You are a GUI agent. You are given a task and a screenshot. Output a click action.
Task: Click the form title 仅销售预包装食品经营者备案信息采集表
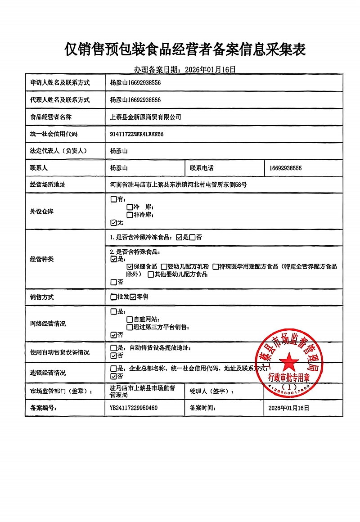185,49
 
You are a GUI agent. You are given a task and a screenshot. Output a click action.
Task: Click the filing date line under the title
185,69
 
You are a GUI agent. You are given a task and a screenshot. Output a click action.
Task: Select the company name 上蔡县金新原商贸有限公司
146,117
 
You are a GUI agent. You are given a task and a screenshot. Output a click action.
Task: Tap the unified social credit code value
137,134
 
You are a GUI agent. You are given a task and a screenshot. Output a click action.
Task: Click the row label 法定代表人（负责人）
58,151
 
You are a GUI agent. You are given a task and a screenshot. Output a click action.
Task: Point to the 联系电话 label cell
202,168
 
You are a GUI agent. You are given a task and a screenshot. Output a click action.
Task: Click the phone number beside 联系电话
286,168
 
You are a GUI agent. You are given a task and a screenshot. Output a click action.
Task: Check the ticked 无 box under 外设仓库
113,222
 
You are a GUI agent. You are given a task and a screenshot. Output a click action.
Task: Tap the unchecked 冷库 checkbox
130,207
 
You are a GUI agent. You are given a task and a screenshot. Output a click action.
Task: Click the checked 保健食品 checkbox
130,267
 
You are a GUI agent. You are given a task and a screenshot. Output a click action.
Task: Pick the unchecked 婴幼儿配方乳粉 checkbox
164,267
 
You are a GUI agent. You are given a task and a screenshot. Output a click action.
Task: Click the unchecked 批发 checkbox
113,297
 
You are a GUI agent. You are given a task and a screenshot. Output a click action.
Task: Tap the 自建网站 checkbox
130,319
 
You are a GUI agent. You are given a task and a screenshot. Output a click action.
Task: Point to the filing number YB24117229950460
134,408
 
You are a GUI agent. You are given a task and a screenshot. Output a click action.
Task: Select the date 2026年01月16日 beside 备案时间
289,408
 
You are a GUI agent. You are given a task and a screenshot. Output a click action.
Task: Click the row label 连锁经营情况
48,373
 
